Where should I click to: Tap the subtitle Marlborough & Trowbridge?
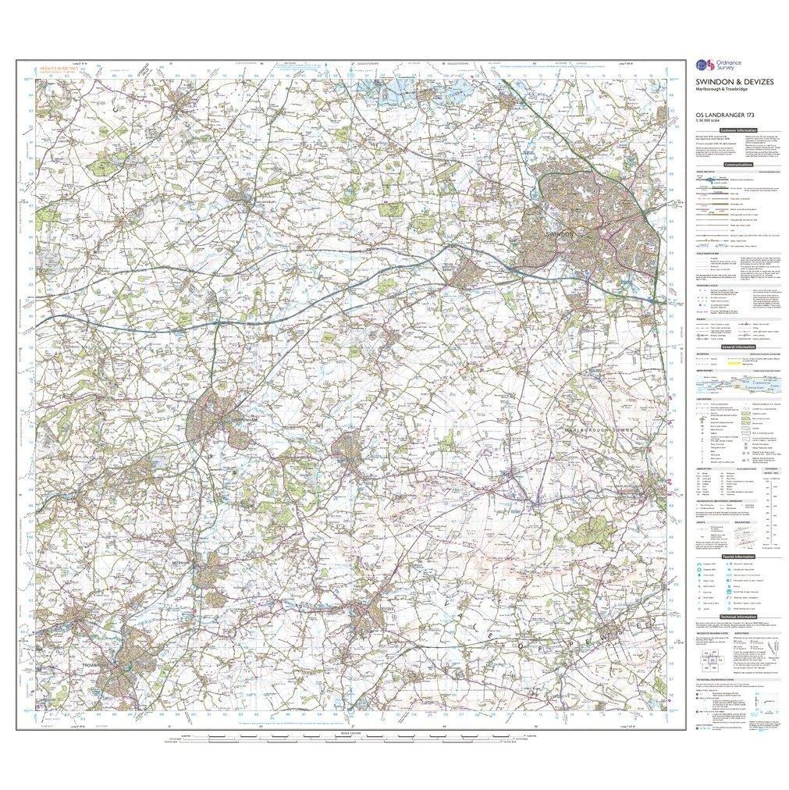(x=720, y=87)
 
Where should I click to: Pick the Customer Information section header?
(x=737, y=131)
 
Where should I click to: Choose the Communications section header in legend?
(x=737, y=165)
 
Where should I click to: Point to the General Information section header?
(x=737, y=345)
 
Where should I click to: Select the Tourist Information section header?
(x=737, y=556)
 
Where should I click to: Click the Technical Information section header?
(x=737, y=616)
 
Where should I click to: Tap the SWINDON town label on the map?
(x=560, y=233)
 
